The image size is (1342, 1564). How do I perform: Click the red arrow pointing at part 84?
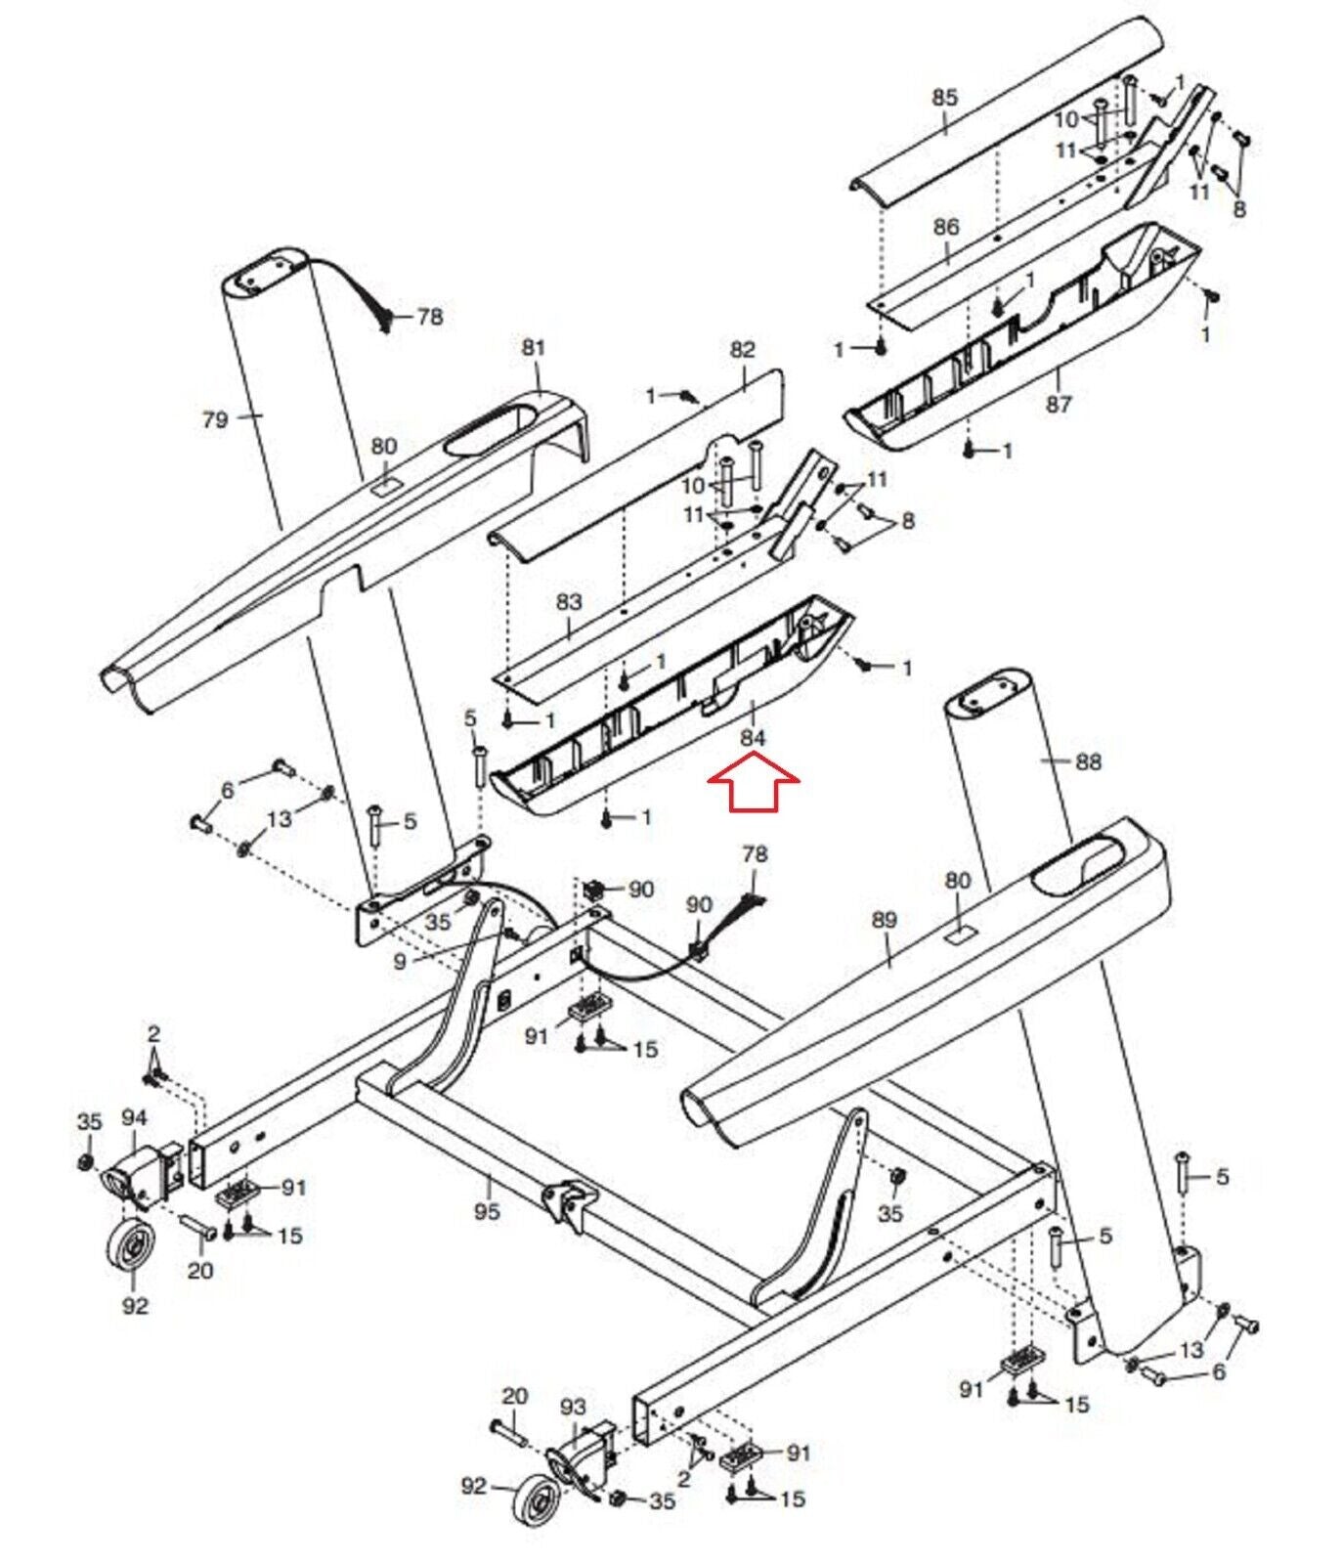pyautogui.click(x=754, y=787)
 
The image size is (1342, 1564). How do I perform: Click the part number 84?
pyautogui.click(x=753, y=740)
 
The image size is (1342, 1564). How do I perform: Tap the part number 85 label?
pyautogui.click(x=945, y=98)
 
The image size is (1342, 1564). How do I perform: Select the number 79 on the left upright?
pyautogui.click(x=215, y=419)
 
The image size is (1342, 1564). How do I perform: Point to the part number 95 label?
pyautogui.click(x=486, y=1211)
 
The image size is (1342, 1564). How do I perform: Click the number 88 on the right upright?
pyautogui.click(x=1088, y=761)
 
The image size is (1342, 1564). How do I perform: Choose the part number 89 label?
pyautogui.click(x=884, y=920)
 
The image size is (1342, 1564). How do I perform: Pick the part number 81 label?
pyautogui.click(x=534, y=347)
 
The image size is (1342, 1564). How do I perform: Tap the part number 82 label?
pyautogui.click(x=743, y=350)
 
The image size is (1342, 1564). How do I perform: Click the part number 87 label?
pyautogui.click(x=1059, y=404)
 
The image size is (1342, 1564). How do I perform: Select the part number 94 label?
pyautogui.click(x=134, y=1116)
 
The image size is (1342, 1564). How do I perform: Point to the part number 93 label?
pyautogui.click(x=574, y=1407)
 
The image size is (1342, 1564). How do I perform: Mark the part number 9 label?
pyautogui.click(x=400, y=962)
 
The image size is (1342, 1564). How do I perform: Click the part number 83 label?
pyautogui.click(x=569, y=602)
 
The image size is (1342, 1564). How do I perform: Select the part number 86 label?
pyautogui.click(x=946, y=227)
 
